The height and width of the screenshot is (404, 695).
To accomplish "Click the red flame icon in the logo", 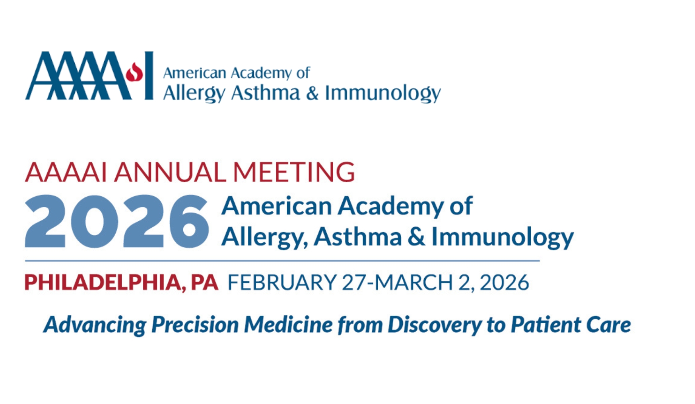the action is [134, 72].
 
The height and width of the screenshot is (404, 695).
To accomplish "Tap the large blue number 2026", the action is [116, 221].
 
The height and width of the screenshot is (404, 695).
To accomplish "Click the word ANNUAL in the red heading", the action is [170, 172].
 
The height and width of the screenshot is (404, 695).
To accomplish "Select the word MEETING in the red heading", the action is [294, 172].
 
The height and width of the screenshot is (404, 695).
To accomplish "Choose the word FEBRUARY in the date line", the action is [282, 283].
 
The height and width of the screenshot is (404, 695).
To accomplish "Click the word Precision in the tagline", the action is [195, 324].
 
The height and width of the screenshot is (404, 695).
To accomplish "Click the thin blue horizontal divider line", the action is [282, 261].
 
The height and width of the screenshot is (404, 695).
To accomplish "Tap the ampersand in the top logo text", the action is [313, 93].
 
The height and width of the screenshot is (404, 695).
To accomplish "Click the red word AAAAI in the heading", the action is [66, 172].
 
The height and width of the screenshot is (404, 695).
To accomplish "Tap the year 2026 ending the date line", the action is [504, 283].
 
